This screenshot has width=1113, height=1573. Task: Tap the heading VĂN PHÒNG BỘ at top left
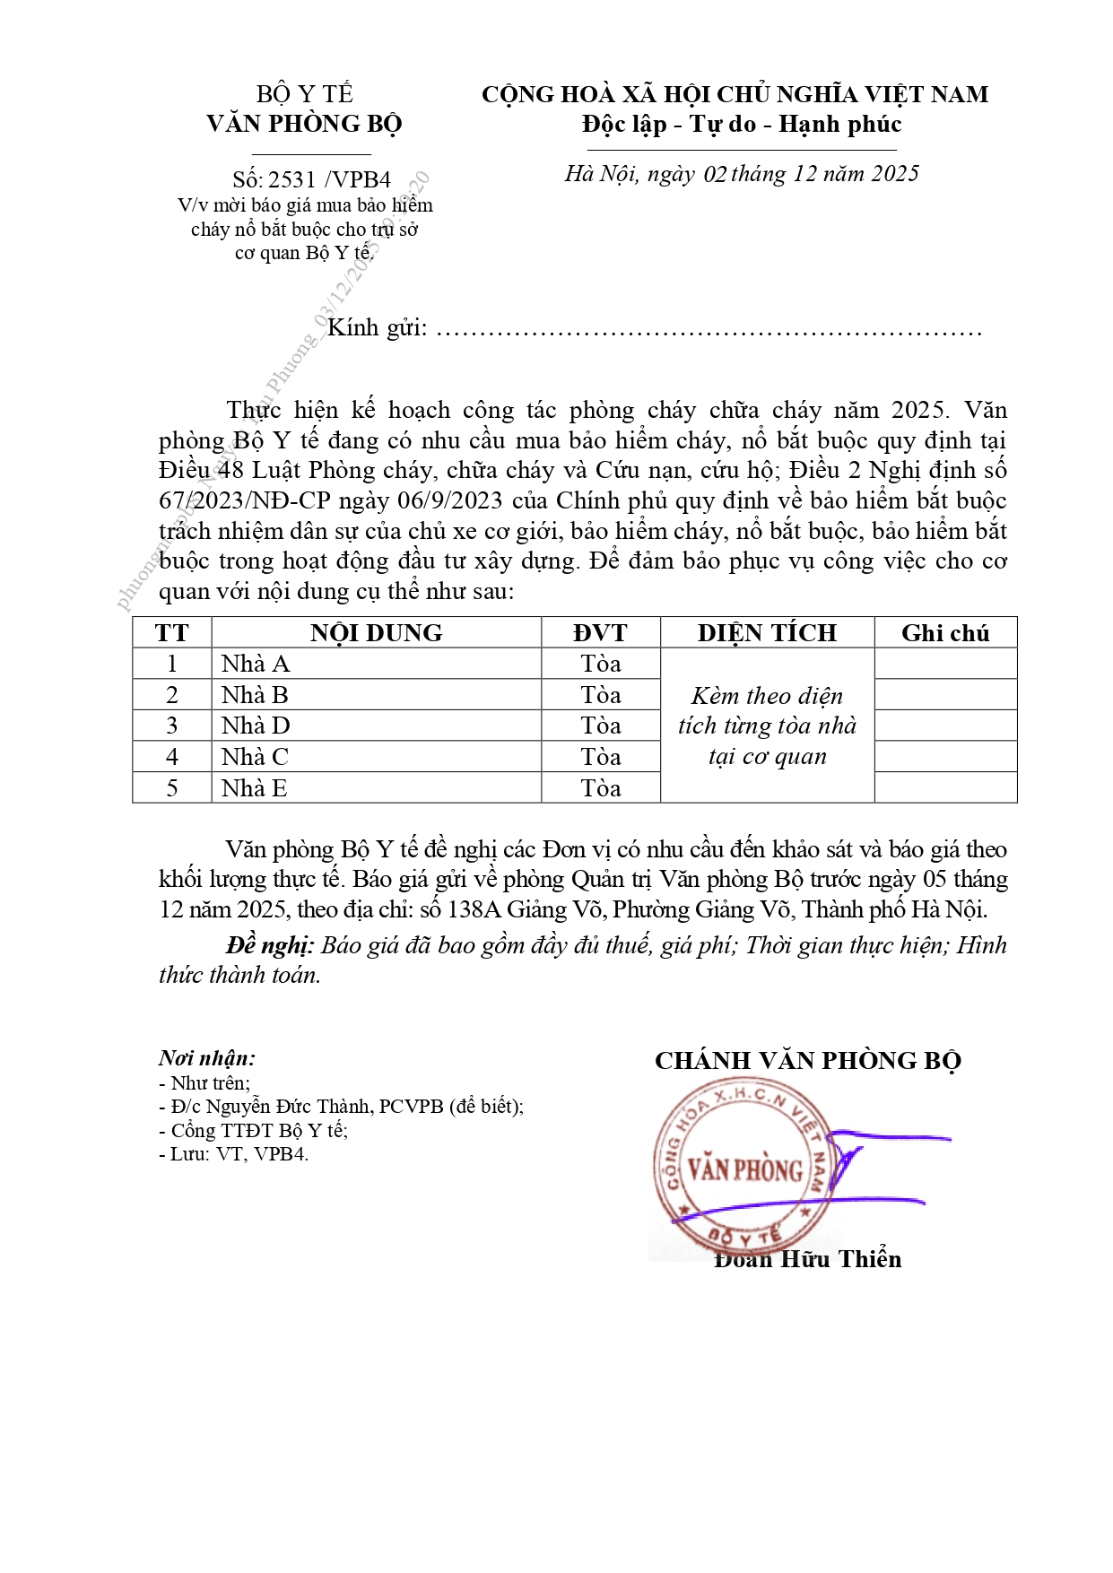(304, 124)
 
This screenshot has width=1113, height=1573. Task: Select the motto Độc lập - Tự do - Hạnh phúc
(741, 124)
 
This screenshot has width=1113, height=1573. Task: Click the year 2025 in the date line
(894, 174)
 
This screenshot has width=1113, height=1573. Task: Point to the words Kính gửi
(377, 328)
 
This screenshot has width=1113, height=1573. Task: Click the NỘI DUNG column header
(376, 633)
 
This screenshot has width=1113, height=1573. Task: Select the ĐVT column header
(600, 633)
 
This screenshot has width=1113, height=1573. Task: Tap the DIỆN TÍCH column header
(767, 633)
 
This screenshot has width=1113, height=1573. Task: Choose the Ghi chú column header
(945, 633)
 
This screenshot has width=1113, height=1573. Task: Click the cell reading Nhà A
(256, 665)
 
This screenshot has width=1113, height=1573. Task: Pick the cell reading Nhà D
(256, 726)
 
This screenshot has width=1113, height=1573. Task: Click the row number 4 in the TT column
(172, 757)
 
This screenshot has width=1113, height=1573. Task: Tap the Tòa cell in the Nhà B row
(600, 695)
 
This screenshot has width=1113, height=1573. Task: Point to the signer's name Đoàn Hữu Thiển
(807, 1259)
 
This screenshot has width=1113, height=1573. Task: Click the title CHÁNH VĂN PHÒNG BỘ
(807, 1061)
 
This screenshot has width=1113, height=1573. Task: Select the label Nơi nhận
(207, 1058)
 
